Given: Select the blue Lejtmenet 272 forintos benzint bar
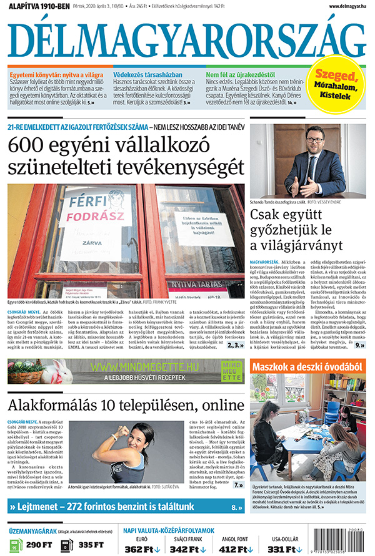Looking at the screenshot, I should tap(125, 507).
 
